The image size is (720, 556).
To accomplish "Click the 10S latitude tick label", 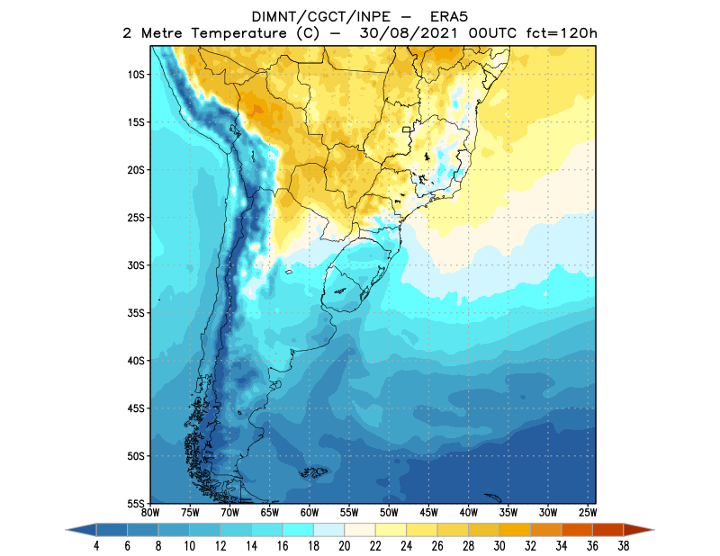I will [x=137, y=75].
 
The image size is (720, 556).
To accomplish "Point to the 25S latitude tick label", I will [x=137, y=218].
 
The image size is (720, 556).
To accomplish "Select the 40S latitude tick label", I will [x=137, y=361].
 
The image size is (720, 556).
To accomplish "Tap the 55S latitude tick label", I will [x=137, y=503].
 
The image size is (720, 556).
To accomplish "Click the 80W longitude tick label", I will [x=151, y=512].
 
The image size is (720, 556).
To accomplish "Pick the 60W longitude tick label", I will [x=310, y=512].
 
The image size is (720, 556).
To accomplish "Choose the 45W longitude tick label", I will [x=428, y=512].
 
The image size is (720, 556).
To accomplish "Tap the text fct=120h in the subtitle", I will [x=560, y=34].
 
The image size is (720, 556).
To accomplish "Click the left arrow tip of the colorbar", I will [x=68, y=531].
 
